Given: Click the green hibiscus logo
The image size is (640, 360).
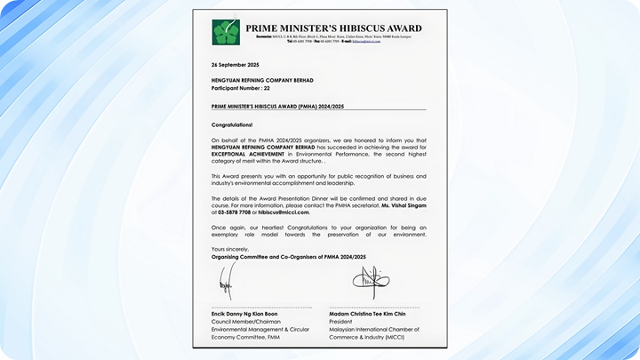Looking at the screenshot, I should point(226,32).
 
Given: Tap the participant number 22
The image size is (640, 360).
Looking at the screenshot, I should point(266,89).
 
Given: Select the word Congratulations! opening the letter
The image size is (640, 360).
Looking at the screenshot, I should point(232,125).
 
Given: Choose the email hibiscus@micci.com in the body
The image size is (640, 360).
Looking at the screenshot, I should point(284,212).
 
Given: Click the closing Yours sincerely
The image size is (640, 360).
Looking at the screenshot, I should point(230,249).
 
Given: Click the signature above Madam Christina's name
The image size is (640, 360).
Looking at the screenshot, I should point(371,282).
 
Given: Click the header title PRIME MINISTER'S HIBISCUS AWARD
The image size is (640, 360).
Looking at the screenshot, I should point(333,28).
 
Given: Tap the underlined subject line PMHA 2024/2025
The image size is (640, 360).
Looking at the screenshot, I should point(277,106).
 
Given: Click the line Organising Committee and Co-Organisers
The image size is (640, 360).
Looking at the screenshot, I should point(288,256).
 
